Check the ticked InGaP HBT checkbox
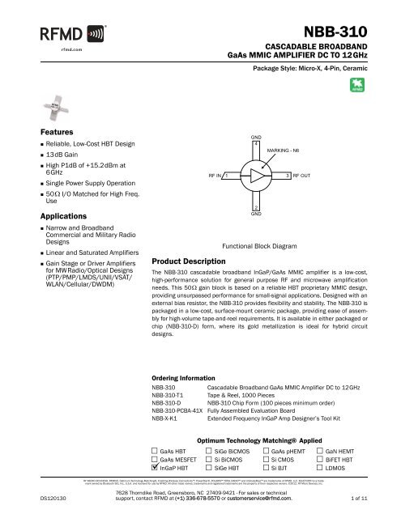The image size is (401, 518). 156,467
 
